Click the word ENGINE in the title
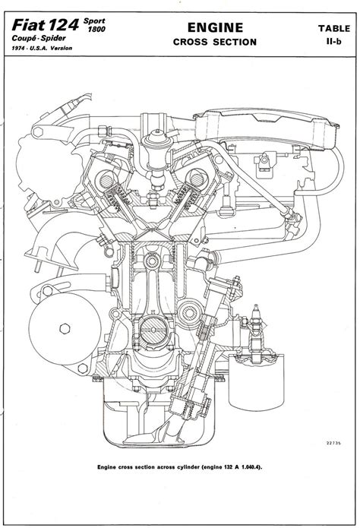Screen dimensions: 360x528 pos(215,27)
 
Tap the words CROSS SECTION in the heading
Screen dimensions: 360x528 pos(215,42)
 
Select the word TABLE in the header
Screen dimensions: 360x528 pos(334,29)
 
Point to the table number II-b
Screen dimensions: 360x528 pos(333,42)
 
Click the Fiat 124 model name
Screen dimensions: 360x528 pos(46,25)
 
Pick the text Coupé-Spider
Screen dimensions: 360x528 pos(39,38)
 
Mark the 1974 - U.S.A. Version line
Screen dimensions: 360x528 pos(42,48)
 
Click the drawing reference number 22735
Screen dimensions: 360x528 pos(333,443)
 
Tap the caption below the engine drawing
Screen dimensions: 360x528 pos(180,467)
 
